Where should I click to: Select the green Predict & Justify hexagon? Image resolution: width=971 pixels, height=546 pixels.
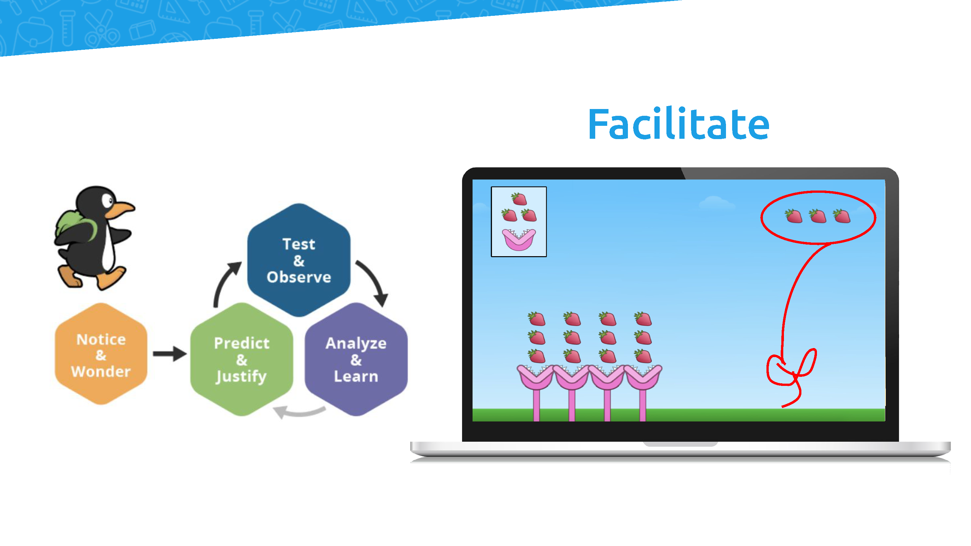(x=242, y=359)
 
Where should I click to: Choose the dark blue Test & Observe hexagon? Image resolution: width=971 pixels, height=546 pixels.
(x=299, y=260)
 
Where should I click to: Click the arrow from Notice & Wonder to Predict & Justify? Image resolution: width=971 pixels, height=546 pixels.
(x=170, y=354)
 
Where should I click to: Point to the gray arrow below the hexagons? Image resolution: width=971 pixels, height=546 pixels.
(x=300, y=411)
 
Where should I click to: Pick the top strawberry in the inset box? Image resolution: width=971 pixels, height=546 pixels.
(x=519, y=199)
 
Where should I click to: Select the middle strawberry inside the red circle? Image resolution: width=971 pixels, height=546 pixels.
(x=818, y=216)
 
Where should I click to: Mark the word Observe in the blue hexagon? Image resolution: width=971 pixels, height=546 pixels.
(x=299, y=277)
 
